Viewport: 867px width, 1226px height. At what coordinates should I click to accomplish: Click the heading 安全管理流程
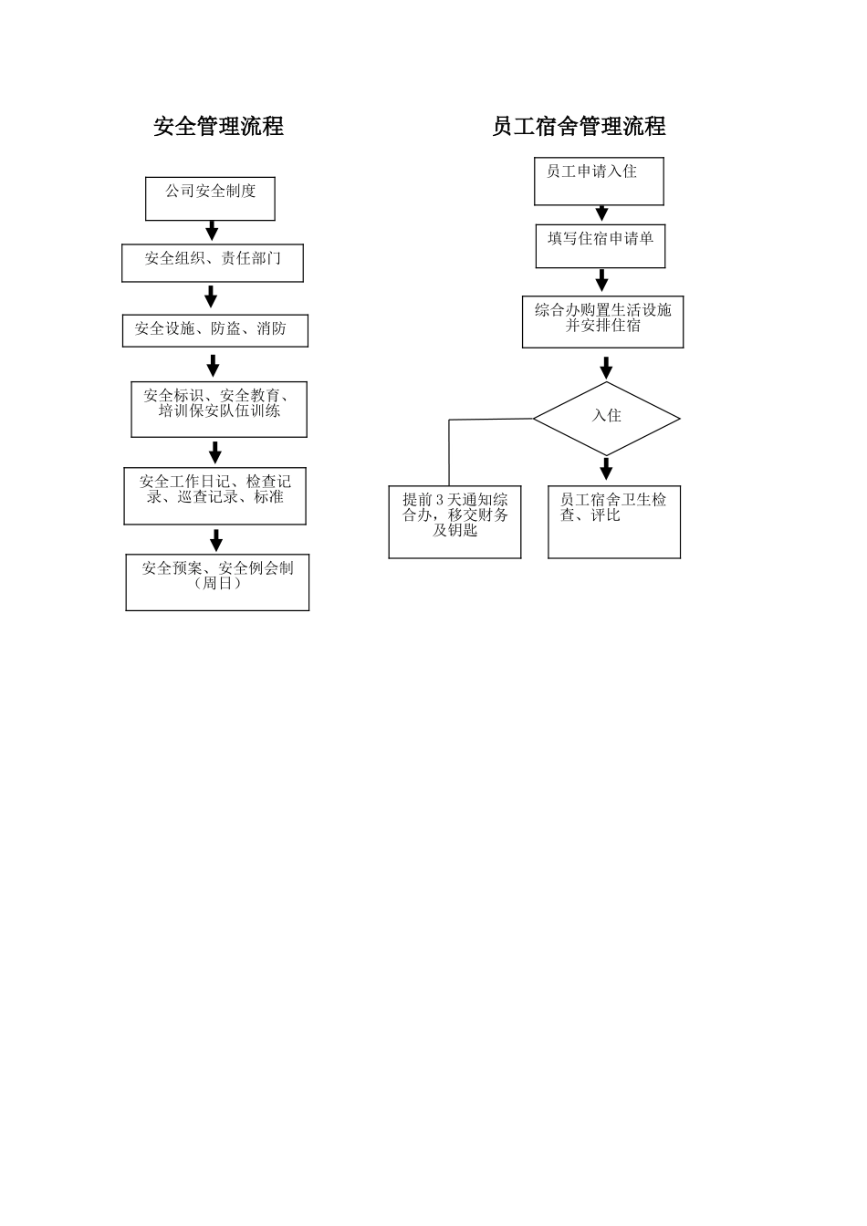pos(218,126)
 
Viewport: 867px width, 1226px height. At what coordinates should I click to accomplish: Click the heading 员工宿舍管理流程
pos(579,126)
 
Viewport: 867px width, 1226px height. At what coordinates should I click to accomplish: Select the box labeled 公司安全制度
pos(210,199)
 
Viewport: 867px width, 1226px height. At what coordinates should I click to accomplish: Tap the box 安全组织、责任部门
pos(213,263)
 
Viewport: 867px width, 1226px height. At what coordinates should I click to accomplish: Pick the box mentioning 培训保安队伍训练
pos(219,409)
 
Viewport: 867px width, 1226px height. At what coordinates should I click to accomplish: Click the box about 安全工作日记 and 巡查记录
pos(215,496)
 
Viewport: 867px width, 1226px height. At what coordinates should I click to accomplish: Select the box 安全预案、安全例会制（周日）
pos(217,582)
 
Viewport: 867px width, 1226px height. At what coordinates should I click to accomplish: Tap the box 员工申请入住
pos(599,182)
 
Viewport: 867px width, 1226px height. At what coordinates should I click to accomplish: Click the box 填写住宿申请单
pos(601,246)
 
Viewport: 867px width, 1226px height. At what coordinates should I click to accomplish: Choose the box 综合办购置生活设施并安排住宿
pos(602,322)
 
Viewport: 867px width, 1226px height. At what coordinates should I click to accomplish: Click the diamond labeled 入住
pos(606,419)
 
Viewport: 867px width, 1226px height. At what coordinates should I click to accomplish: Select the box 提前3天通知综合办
pos(454,522)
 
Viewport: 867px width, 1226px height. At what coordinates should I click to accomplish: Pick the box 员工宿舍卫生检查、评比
pos(614,522)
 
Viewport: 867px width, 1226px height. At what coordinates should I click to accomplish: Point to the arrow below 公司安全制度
pos(212,231)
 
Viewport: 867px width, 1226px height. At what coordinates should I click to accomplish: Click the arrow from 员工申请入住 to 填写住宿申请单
pos(601,213)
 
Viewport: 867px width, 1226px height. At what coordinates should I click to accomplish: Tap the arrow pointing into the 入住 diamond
pos(606,368)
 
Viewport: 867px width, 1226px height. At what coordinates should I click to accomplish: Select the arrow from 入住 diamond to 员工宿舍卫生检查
pos(607,469)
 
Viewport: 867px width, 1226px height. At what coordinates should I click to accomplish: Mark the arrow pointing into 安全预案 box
pos(216,540)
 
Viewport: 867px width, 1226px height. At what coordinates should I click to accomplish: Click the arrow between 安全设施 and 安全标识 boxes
pos(214,365)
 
